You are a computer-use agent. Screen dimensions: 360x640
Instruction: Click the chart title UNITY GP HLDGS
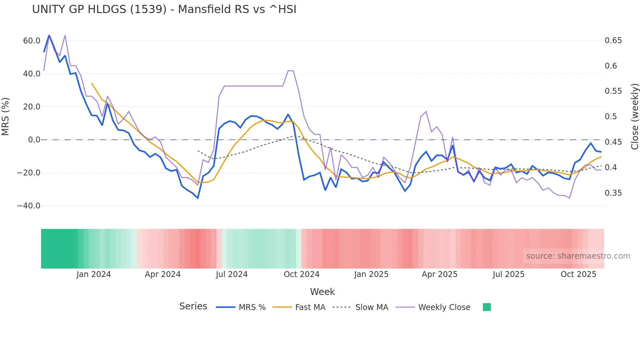tap(164, 9)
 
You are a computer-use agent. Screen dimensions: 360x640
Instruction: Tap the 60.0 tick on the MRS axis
tap(32, 41)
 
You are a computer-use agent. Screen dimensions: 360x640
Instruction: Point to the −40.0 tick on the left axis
tap(29, 206)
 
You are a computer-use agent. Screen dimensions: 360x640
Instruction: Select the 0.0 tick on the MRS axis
tap(34, 140)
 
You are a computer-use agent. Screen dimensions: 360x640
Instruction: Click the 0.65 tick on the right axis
tap(613, 41)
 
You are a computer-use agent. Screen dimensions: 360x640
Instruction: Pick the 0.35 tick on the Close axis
tap(613, 193)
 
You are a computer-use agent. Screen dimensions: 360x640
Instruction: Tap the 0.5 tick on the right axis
tap(611, 117)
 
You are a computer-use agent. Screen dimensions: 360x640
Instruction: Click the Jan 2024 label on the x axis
tap(94, 274)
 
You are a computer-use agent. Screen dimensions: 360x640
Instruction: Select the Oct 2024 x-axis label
tap(301, 274)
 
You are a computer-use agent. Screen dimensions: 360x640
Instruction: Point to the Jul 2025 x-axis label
tap(508, 274)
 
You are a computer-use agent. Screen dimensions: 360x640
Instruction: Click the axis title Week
tap(322, 292)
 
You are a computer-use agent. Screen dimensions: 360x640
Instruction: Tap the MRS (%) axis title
tap(6, 117)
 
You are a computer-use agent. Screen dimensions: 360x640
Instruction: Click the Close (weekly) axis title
tap(634, 117)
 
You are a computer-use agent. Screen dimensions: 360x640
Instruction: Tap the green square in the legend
tap(487, 307)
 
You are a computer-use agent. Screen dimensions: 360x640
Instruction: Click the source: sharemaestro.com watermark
tap(578, 256)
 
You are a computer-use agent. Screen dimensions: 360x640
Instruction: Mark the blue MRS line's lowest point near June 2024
tap(198, 198)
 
